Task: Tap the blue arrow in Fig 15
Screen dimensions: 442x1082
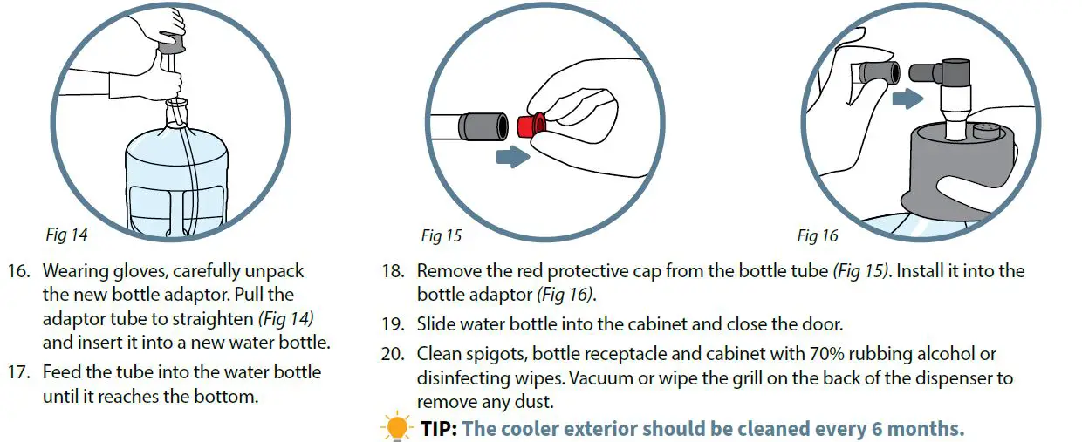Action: [511, 157]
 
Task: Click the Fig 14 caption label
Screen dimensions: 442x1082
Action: [66, 235]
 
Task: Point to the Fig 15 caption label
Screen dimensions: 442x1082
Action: [441, 235]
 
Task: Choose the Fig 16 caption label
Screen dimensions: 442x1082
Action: [817, 235]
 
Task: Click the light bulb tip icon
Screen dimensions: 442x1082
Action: [396, 428]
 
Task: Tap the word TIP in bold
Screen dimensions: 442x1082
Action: [439, 429]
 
